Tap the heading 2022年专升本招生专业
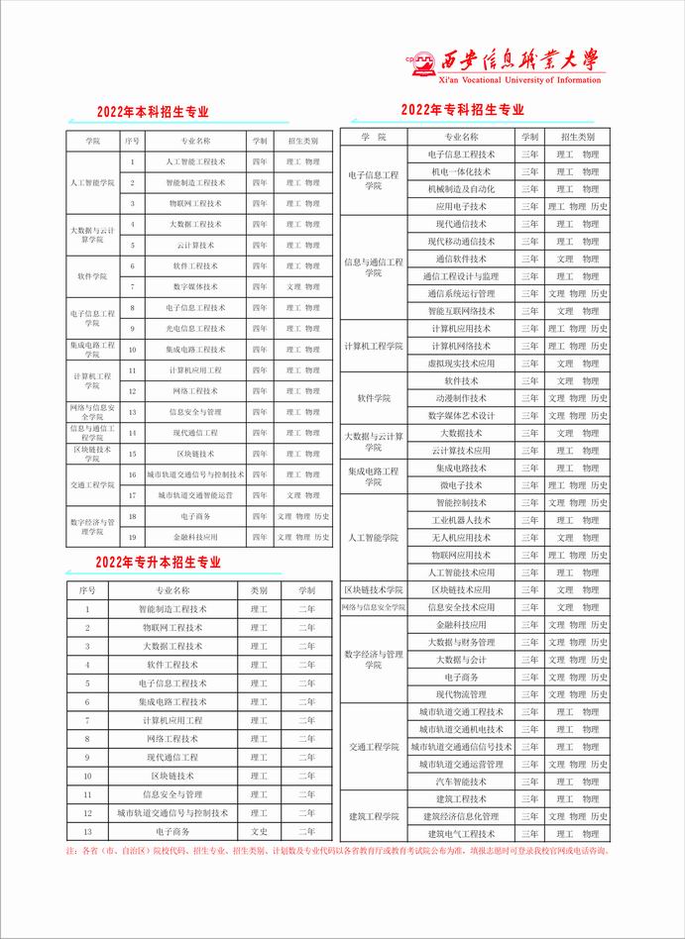click(159, 563)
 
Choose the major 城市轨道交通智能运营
click(195, 494)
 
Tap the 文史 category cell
click(259, 831)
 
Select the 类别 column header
click(259, 589)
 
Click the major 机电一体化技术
click(461, 171)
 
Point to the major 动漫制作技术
click(461, 398)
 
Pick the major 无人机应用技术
click(461, 537)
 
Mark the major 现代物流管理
click(461, 694)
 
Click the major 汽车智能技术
click(461, 782)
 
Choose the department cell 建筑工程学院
click(374, 816)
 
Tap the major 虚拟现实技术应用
click(461, 364)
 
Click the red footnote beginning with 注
click(337, 852)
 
